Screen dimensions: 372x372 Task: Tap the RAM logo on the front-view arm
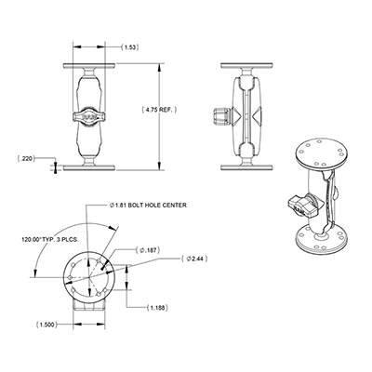coord(90,115)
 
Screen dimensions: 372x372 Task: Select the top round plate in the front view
coord(90,66)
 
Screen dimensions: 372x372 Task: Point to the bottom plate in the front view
coord(90,166)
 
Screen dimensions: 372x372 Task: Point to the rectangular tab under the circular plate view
coord(91,305)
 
